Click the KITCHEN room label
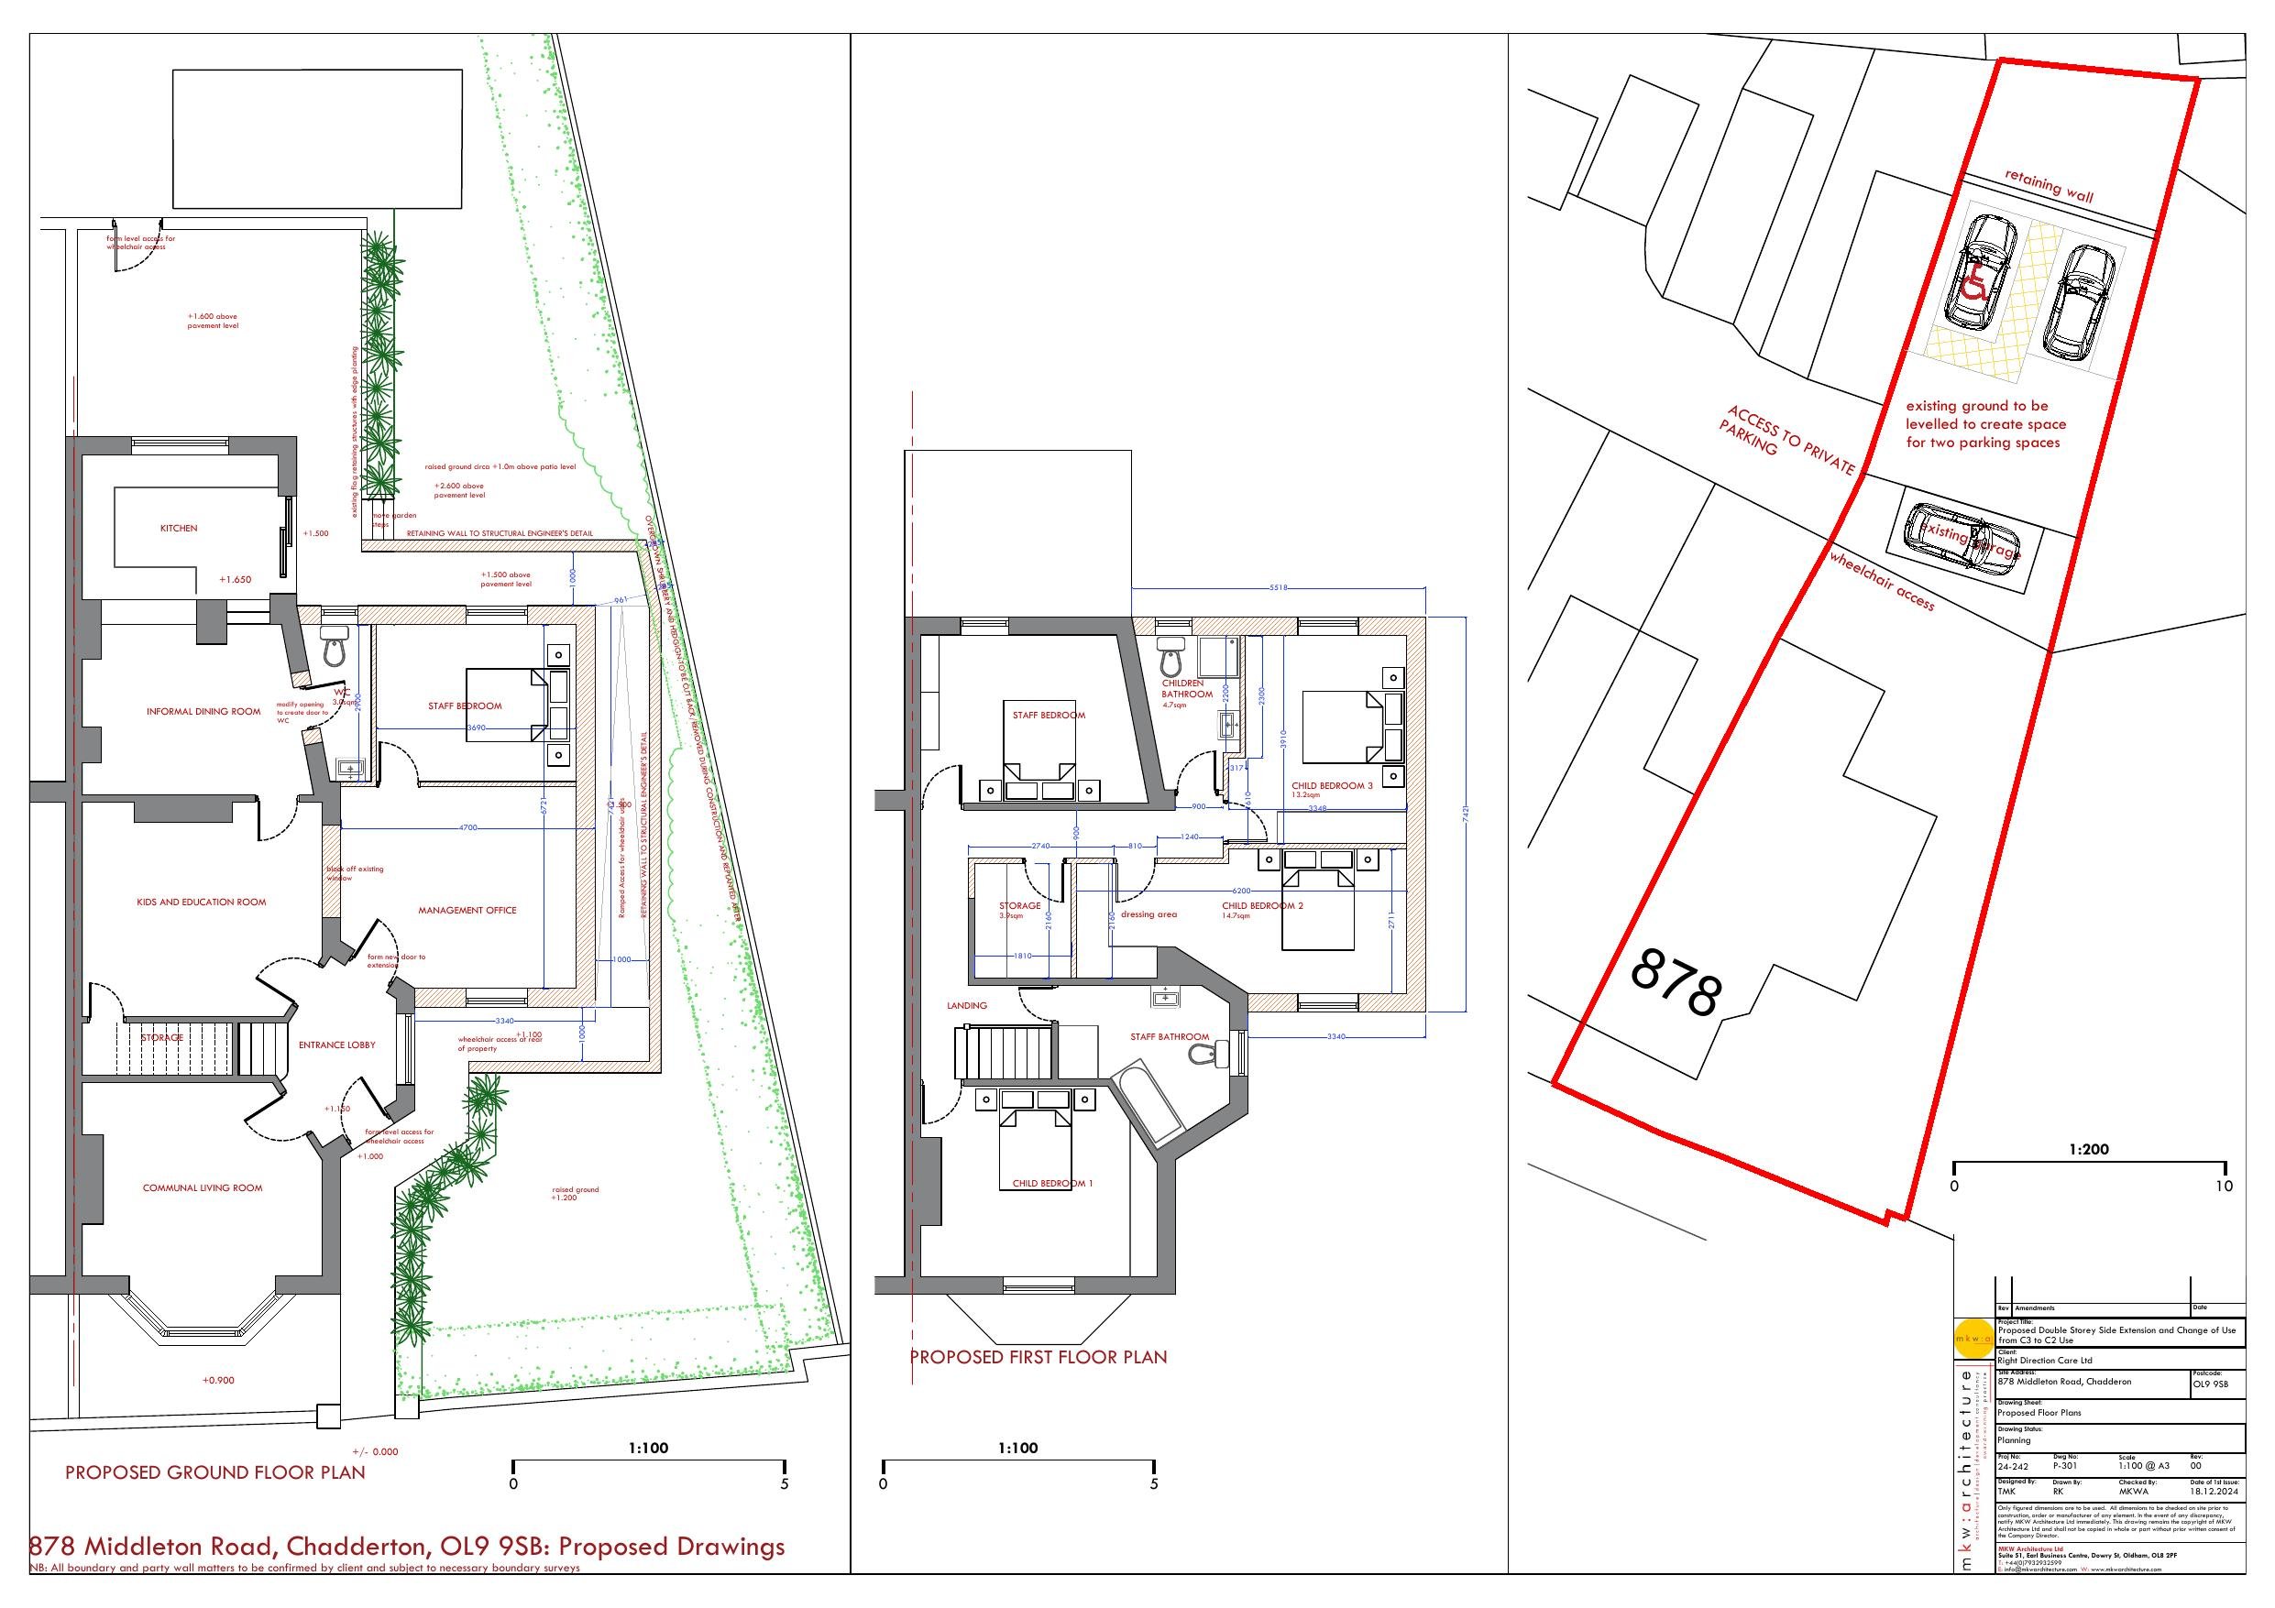click(x=179, y=528)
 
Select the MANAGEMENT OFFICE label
click(x=467, y=910)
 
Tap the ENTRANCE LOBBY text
click(x=337, y=1045)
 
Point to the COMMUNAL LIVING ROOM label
click(x=203, y=1187)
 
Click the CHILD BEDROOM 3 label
click(x=1332, y=785)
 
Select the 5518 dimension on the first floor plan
click(x=1279, y=587)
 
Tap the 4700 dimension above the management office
click(x=468, y=826)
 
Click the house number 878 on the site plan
click(x=1676, y=981)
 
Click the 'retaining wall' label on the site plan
click(x=2050, y=185)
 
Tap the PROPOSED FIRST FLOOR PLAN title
click(x=1039, y=1356)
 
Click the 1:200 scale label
click(x=2089, y=1149)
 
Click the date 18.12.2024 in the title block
click(x=2211, y=1491)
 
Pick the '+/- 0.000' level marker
click(x=375, y=1451)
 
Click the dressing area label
click(x=1148, y=914)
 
